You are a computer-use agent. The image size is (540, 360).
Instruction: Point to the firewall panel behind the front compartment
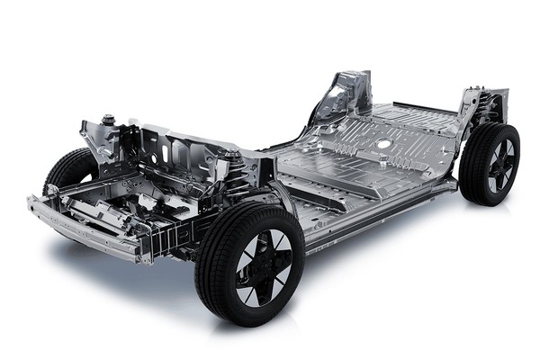point(180,148)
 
